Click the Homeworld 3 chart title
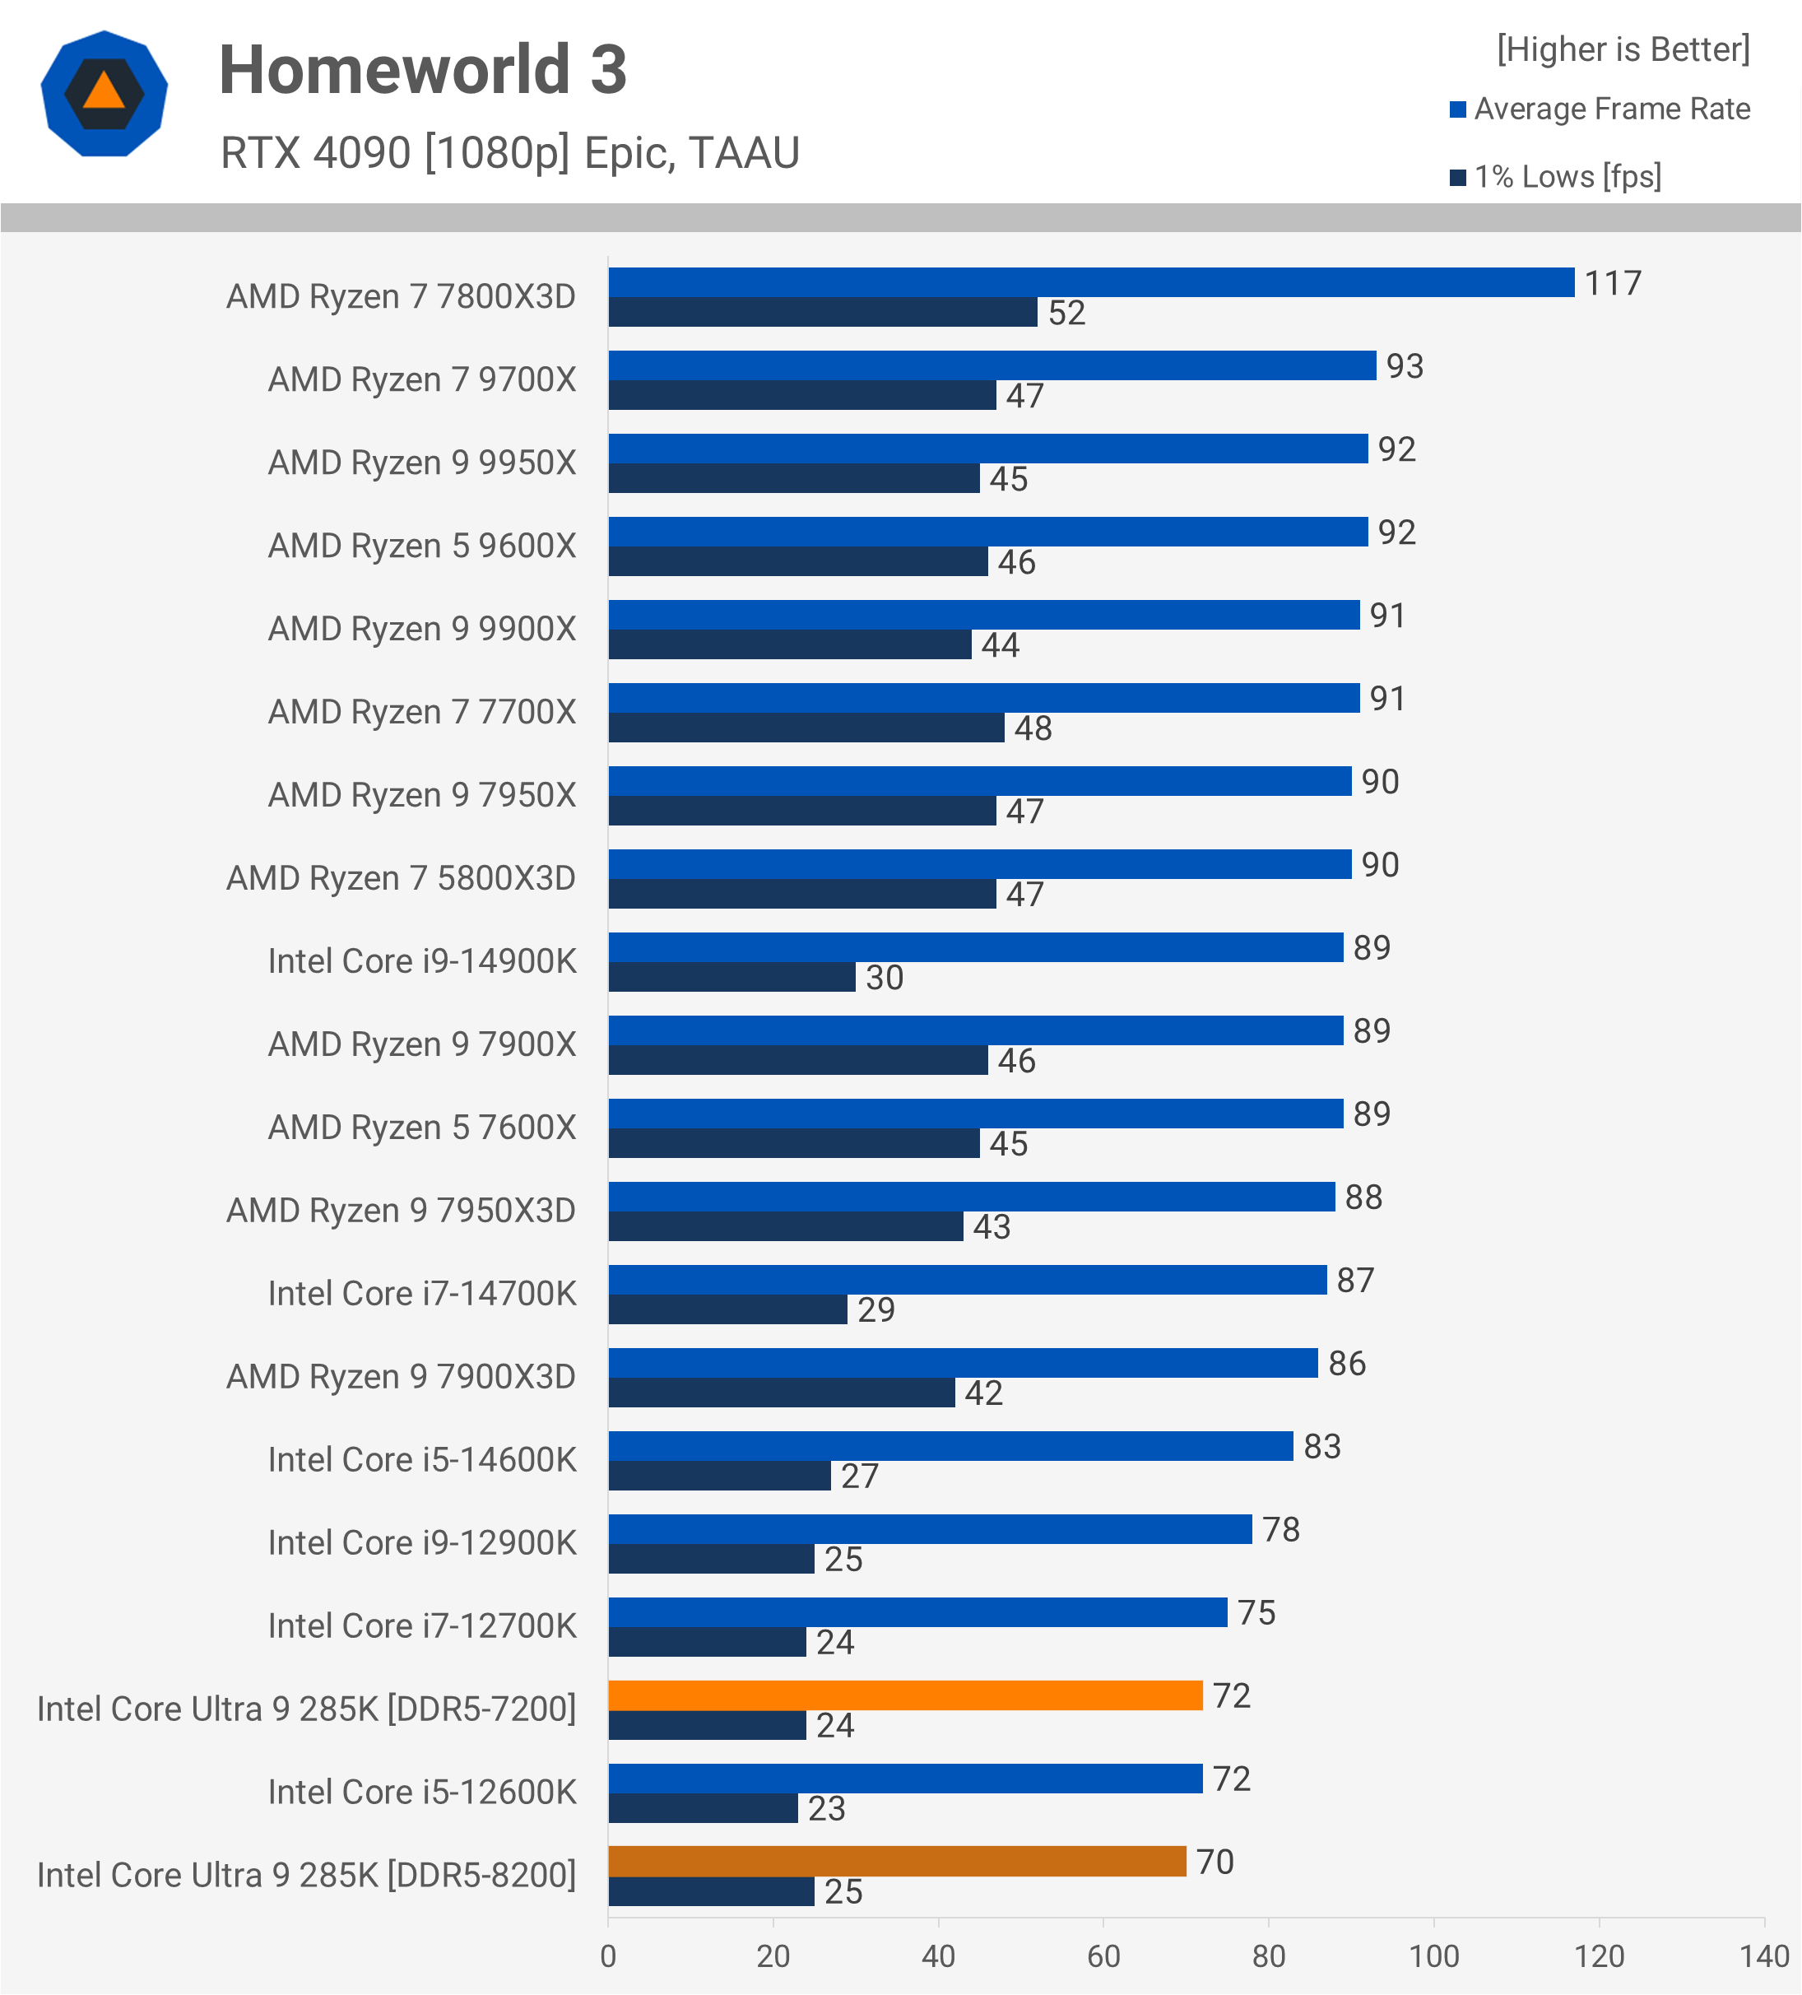pos(423,70)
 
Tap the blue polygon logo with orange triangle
pos(104,94)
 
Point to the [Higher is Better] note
pos(1623,49)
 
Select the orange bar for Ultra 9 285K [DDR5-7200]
pos(904,1695)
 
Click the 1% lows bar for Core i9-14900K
pos(731,977)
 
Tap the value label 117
pos(1612,284)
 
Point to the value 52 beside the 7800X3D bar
pos(1066,314)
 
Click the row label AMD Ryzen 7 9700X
pos(421,380)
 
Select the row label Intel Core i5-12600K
pos(421,1793)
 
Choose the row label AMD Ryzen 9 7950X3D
pos(401,1211)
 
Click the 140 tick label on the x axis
pos(1764,1956)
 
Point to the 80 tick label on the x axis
pos(1269,1956)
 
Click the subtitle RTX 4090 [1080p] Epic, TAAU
pos(509,153)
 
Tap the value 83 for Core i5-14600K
pos(1321,1447)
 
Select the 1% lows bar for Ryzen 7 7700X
pos(806,728)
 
